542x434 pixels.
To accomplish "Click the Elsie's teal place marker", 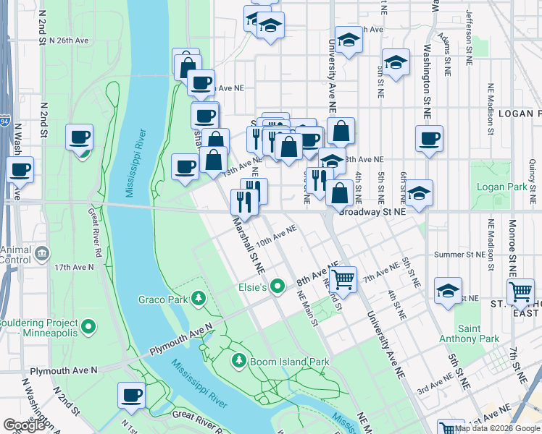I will [276, 288].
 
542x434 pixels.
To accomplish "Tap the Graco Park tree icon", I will [197, 299].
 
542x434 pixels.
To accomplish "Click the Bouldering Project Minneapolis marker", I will [89, 327].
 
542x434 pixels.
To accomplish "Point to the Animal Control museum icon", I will [41, 254].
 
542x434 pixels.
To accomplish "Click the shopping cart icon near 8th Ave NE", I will [345, 278].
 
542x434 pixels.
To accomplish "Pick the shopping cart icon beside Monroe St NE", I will [520, 292].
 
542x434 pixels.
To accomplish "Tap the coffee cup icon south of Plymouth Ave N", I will [132, 396].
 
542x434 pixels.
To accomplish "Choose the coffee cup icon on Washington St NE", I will [430, 139].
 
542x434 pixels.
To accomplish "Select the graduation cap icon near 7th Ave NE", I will [448, 292].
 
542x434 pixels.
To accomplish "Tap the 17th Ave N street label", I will [75, 267].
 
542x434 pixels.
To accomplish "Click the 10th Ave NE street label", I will [275, 237].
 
